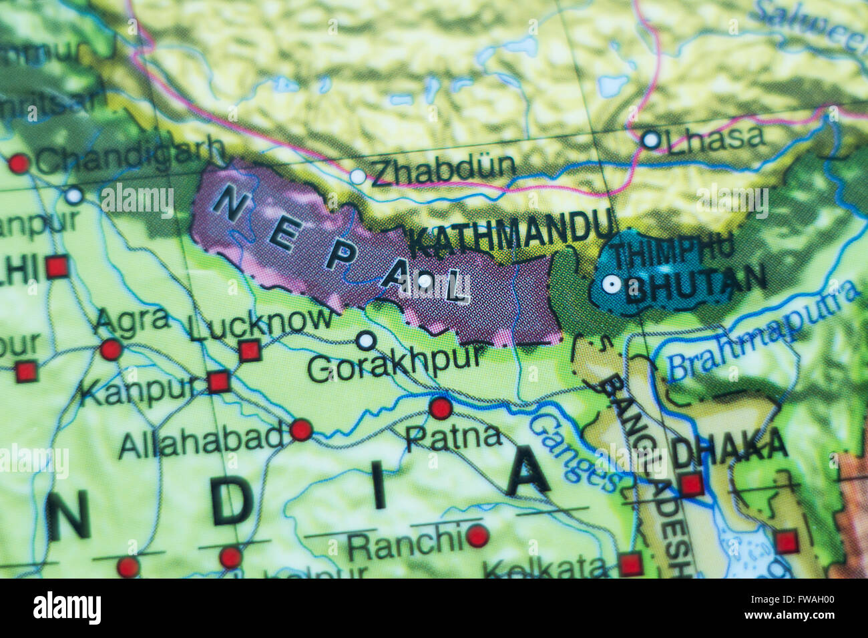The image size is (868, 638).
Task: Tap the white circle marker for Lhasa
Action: pos(650,139)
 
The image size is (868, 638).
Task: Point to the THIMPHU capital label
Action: pos(673,254)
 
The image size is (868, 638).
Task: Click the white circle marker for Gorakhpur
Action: pos(365,341)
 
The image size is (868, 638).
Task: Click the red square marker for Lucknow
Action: pos(249,350)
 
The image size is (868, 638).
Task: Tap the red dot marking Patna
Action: pos(440,408)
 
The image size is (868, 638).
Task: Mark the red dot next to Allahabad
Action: pos(300,430)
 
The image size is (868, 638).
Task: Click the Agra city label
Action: pos(132,321)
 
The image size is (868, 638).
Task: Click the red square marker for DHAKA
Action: pos(691,484)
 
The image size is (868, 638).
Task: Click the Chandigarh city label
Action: pos(130,156)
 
